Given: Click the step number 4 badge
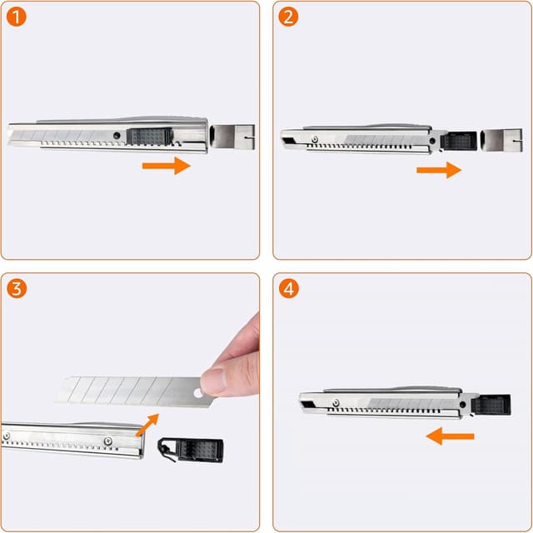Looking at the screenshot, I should [x=288, y=289].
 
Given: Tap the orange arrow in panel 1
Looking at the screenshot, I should [x=166, y=167].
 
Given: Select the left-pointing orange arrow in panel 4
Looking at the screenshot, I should [x=449, y=436].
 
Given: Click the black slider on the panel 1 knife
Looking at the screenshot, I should [x=150, y=136].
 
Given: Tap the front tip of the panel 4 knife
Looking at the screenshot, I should [x=301, y=406].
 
